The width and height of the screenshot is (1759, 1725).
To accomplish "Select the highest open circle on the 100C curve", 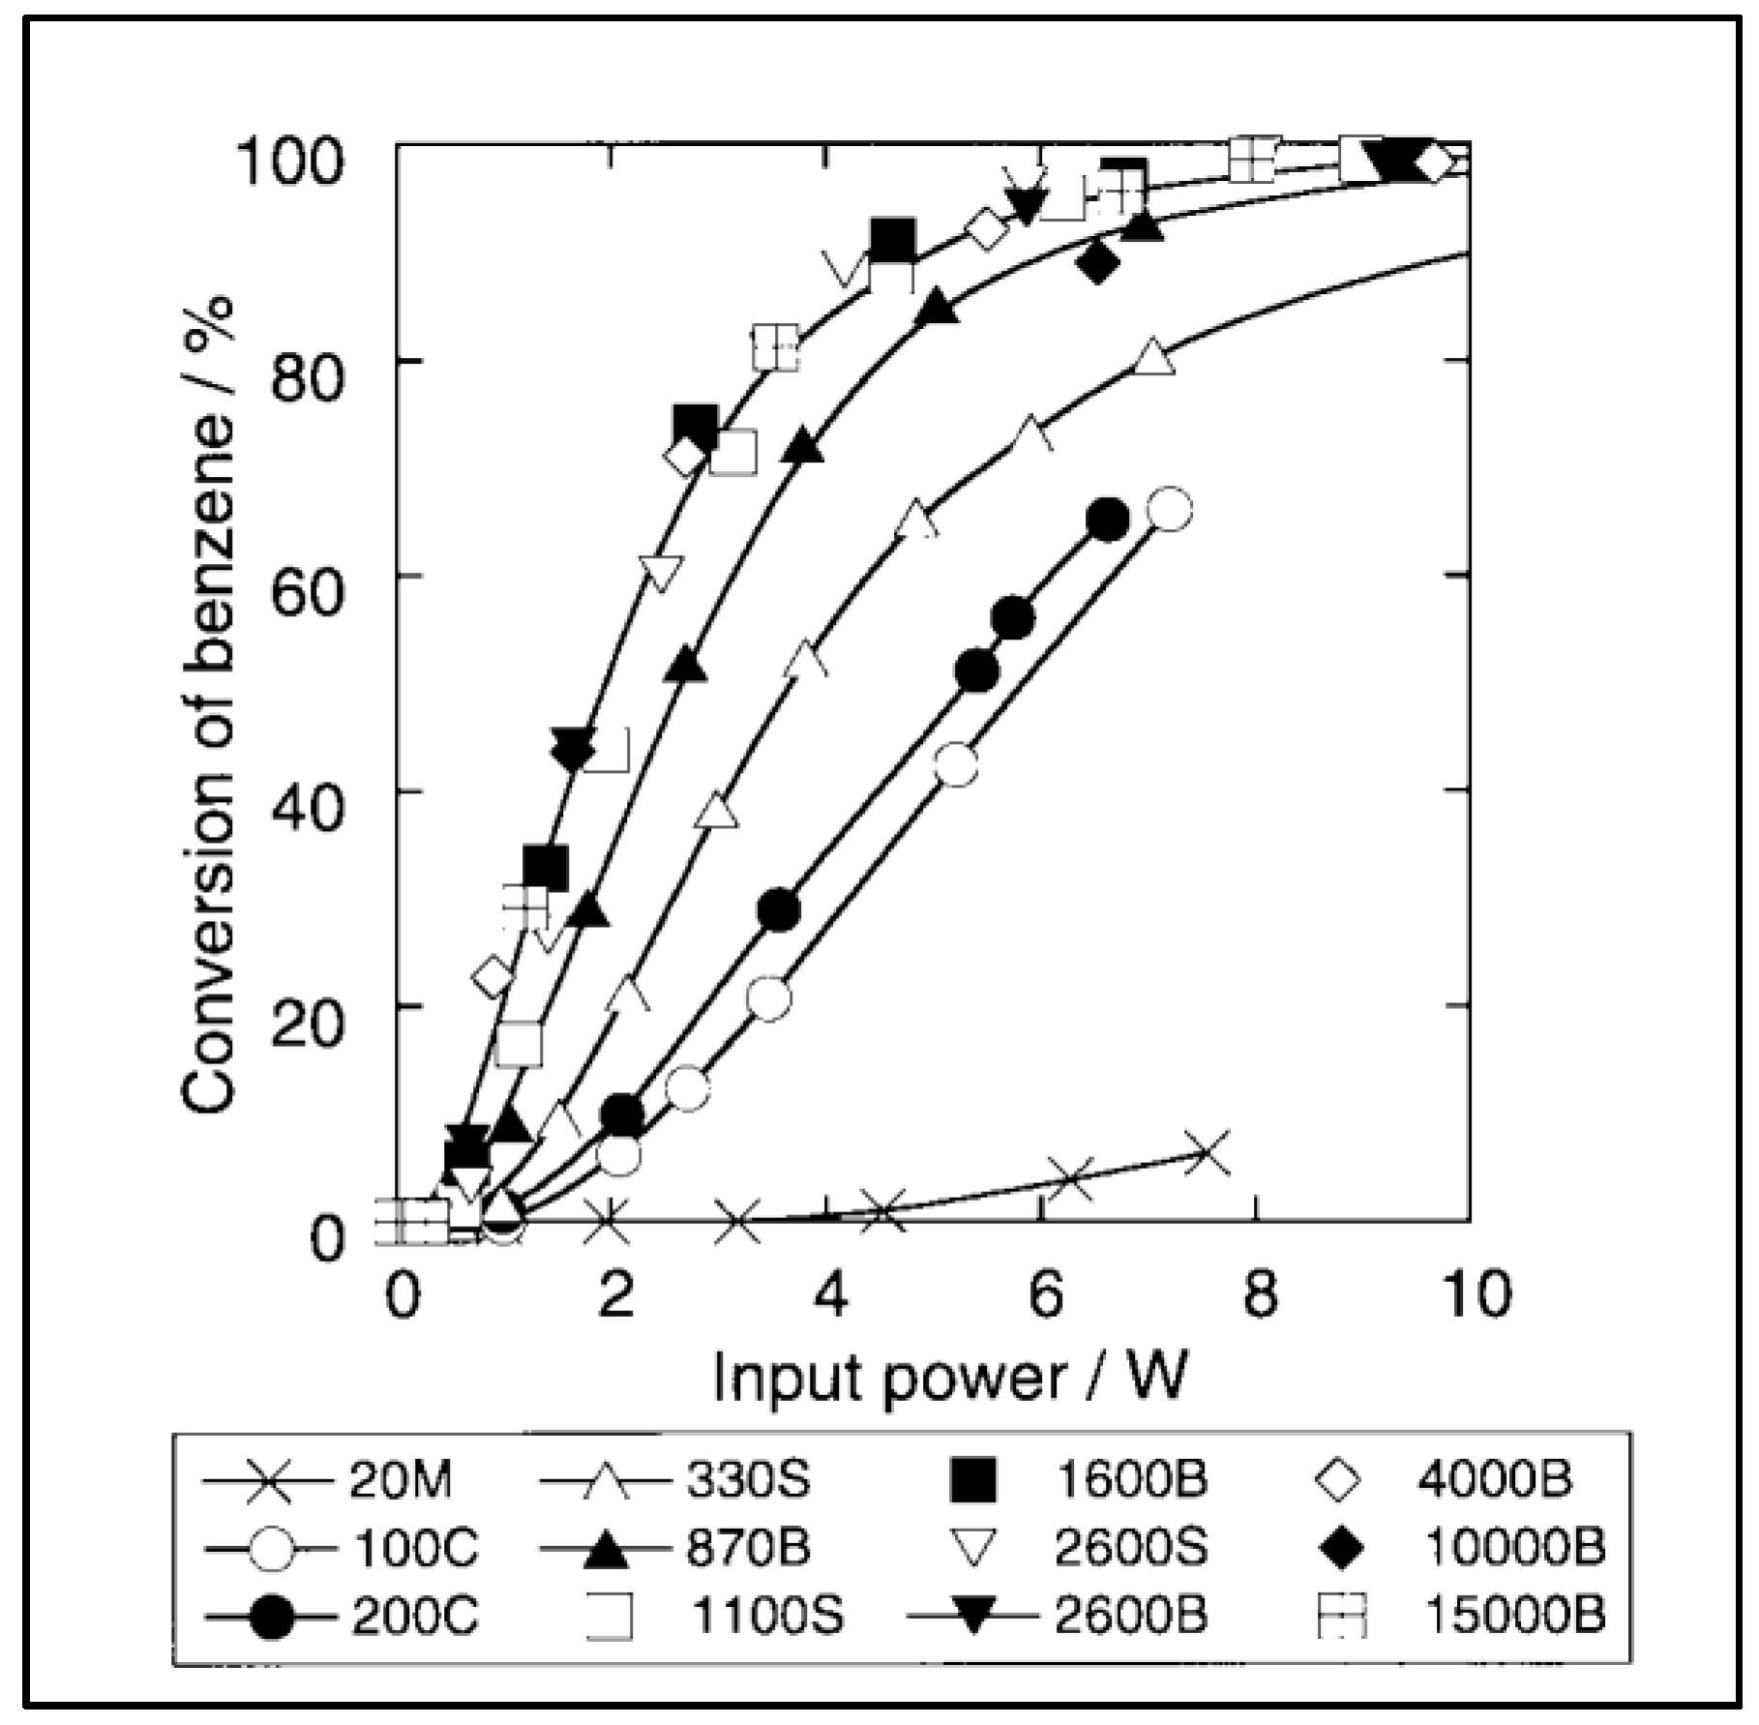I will click(1170, 509).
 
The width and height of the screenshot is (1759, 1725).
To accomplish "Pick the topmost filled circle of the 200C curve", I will click(1108, 520).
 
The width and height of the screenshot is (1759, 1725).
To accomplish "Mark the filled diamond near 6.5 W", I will click(1097, 261).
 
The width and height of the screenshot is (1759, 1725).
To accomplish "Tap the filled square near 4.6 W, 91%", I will click(892, 240).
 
